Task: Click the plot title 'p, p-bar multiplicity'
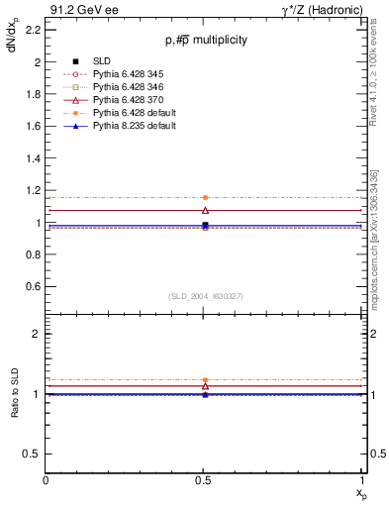[x=206, y=40]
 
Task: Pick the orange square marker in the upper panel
[x=205, y=198]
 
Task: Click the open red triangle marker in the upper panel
[x=205, y=210]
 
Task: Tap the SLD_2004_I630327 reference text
[x=206, y=296]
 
